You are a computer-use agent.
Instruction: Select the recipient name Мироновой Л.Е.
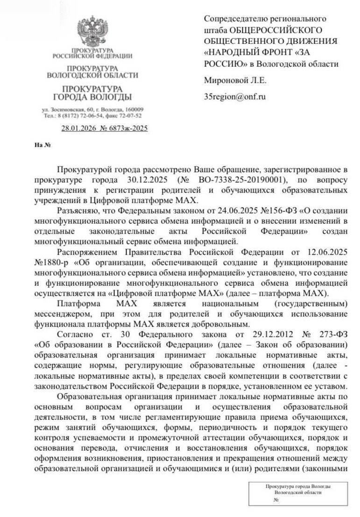[x=235, y=80]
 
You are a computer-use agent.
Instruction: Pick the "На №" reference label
[x=42, y=144]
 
